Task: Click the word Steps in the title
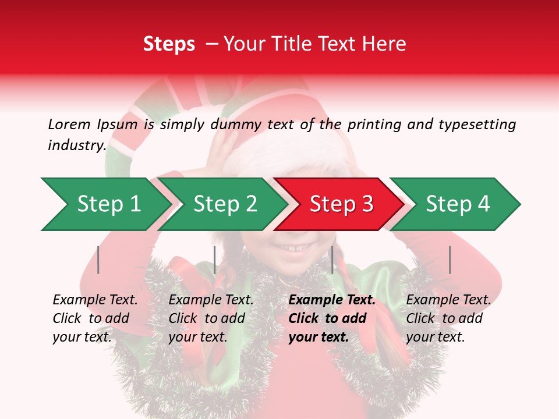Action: point(169,44)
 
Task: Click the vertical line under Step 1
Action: point(98,260)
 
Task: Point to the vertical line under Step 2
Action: point(215,260)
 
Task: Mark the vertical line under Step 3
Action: point(332,260)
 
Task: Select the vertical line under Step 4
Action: point(450,260)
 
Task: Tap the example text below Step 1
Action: point(95,318)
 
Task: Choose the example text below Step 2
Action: point(211,318)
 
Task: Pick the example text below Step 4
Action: point(448,318)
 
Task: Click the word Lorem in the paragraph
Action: point(69,124)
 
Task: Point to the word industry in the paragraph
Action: point(76,145)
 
